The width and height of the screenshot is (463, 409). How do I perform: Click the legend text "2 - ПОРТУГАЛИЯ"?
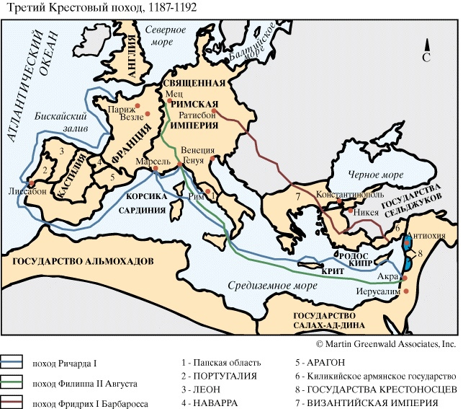[x=219, y=377]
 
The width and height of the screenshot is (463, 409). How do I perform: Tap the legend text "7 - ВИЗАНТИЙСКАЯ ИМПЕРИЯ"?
[x=367, y=403]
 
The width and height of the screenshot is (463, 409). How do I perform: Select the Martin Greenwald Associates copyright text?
[x=385, y=346]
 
